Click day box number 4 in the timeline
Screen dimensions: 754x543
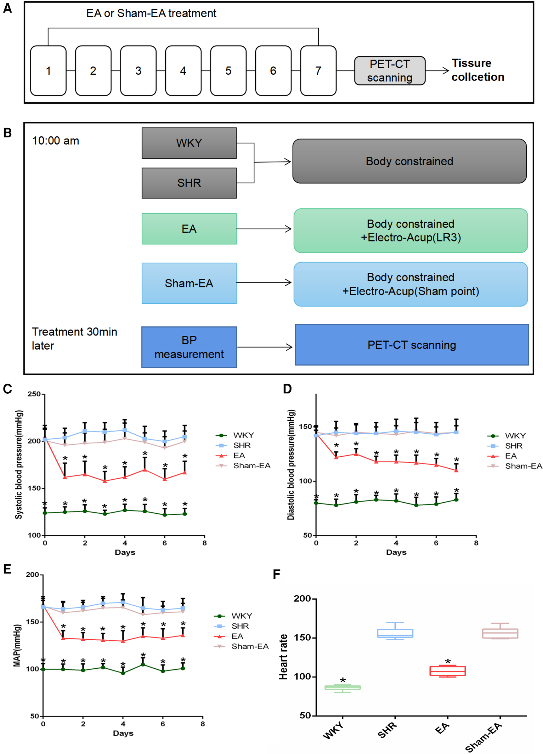click(x=183, y=71)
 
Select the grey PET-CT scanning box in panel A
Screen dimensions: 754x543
click(x=389, y=71)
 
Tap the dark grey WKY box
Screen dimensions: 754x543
click(x=189, y=143)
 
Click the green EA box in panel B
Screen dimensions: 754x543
click(x=189, y=229)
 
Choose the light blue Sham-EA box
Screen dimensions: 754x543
click(x=189, y=283)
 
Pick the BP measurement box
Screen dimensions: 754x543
click(x=189, y=347)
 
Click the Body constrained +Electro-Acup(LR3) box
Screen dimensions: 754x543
click(x=410, y=231)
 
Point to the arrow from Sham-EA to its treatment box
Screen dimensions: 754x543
click(x=264, y=283)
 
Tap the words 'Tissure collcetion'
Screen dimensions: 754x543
click(x=477, y=70)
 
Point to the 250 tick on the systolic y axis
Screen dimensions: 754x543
click(x=34, y=394)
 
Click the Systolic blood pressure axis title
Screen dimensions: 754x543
click(x=19, y=465)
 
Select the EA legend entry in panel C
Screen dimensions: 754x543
click(x=239, y=455)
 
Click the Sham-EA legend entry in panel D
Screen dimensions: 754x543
click(x=523, y=466)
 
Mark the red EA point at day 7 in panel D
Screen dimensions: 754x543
click(x=456, y=471)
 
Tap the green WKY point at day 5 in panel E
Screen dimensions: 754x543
click(x=143, y=665)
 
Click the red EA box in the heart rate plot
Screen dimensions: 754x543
click(x=447, y=671)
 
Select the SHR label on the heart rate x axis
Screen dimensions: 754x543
click(x=387, y=730)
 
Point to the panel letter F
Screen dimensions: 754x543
click(x=276, y=574)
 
